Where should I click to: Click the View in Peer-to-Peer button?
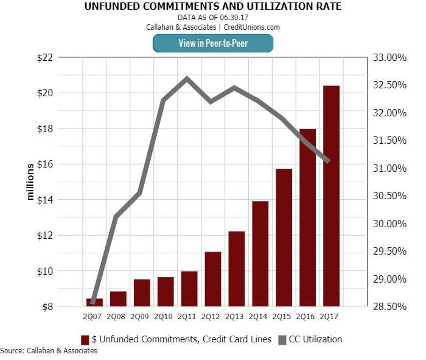tap(212, 43)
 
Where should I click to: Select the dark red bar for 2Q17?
tap(331, 195)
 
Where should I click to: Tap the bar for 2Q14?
tap(260, 253)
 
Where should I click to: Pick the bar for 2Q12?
tap(212, 278)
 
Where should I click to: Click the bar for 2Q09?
tap(142, 292)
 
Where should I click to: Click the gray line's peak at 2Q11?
tap(186, 78)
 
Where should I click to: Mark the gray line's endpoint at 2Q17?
tap(329, 161)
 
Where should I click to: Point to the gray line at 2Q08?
tap(116, 216)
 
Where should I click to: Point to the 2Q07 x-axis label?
tap(93, 316)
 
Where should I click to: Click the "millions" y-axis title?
tap(30, 182)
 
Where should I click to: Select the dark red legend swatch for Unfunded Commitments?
tap(85, 339)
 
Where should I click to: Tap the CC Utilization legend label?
tap(316, 339)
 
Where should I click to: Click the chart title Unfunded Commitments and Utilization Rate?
tap(212, 7)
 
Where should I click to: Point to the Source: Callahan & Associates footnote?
tap(49, 351)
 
